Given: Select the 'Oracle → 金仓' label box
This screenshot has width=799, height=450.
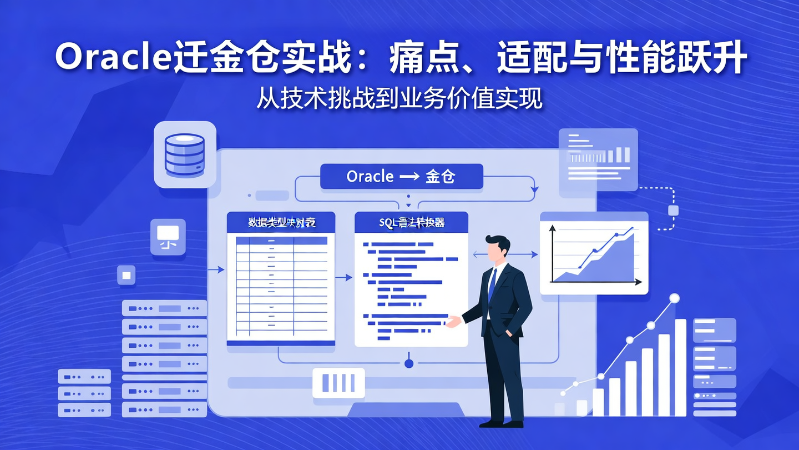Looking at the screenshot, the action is click(x=401, y=177).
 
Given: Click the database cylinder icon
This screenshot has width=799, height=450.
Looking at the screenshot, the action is click(x=185, y=154).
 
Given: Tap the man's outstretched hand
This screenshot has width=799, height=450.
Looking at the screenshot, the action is click(x=453, y=322).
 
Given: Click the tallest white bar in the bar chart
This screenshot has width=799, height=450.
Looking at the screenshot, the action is click(x=680, y=367).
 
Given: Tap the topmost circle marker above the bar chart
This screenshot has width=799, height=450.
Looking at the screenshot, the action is click(x=674, y=298).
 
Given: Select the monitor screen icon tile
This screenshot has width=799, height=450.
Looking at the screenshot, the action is click(x=168, y=237).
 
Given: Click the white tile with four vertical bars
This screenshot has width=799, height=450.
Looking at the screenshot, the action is click(x=338, y=383).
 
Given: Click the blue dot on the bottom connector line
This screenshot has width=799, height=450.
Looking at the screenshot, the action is click(x=409, y=364).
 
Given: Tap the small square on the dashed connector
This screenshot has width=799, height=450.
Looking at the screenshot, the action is click(x=674, y=210).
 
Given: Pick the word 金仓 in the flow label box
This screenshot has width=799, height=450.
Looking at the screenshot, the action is click(x=440, y=177).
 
